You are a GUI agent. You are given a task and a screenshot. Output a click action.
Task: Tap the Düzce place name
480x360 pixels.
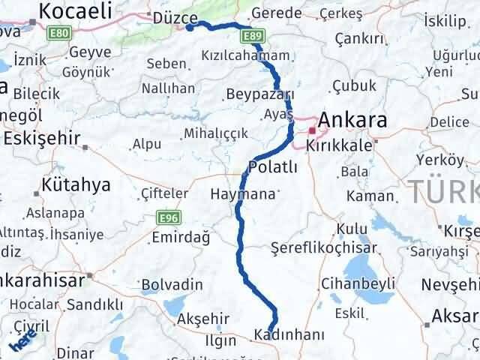coord(174,18)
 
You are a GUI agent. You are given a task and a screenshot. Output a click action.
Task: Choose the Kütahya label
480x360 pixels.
coord(76,184)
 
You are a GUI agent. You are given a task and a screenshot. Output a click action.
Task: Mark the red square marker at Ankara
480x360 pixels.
coord(312,130)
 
